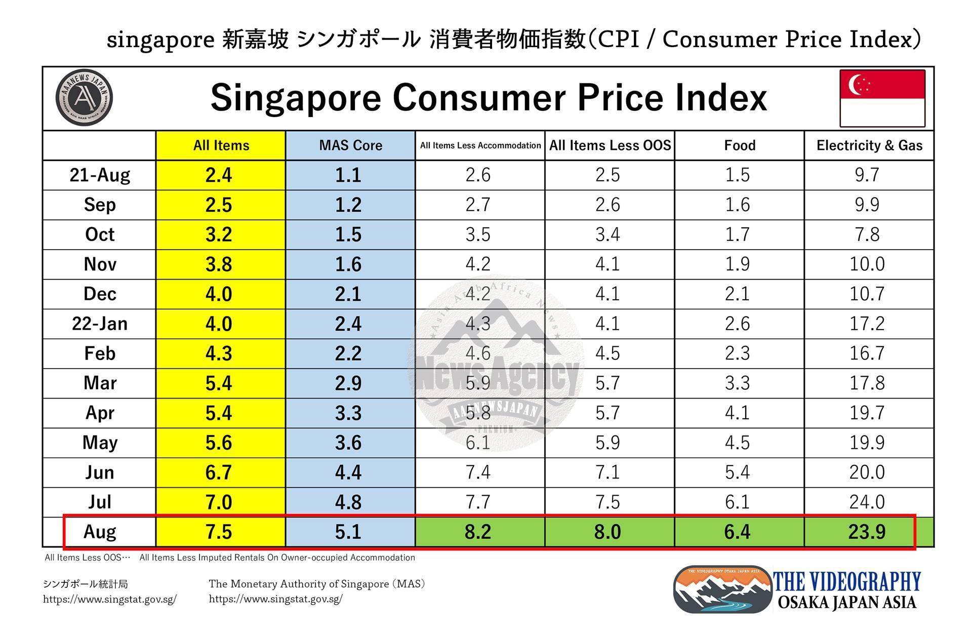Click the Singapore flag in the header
(x=882, y=98)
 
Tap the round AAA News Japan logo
(x=84, y=98)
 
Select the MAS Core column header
(x=350, y=145)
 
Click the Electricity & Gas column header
(x=869, y=145)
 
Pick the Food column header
(x=740, y=145)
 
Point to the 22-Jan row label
(x=100, y=324)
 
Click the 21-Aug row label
(x=100, y=175)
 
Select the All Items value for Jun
(x=219, y=472)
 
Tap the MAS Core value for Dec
(x=348, y=294)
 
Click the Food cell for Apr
(x=737, y=413)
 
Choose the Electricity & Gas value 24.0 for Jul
(x=867, y=502)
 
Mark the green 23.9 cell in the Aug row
(x=867, y=532)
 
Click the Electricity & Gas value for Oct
(x=867, y=234)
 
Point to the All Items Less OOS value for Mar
(x=607, y=383)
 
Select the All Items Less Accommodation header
(x=480, y=145)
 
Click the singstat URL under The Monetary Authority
(x=276, y=599)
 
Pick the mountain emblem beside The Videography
(x=722, y=589)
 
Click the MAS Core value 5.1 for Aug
(x=348, y=532)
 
